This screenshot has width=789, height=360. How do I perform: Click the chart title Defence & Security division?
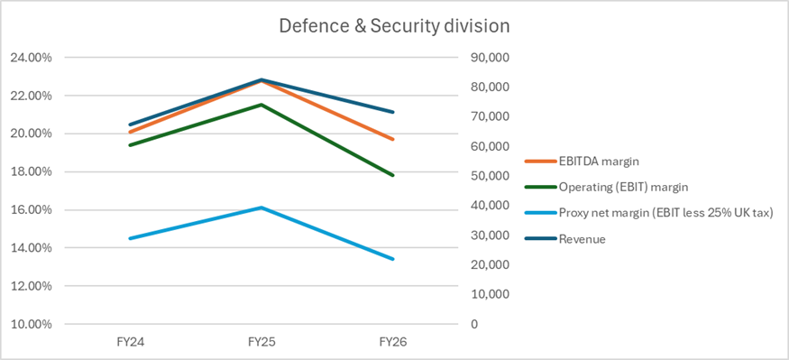394,27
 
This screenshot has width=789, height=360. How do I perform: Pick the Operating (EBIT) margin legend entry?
606,187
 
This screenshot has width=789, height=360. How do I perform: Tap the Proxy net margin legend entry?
648,213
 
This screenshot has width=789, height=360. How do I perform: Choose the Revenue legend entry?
565,239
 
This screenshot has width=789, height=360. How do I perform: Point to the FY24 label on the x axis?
131,342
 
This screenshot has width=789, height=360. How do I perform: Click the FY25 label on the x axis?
261,342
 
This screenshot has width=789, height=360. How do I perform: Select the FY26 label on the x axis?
393,342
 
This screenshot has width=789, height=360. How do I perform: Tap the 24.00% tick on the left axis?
32,58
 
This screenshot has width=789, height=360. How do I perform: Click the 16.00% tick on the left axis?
32,210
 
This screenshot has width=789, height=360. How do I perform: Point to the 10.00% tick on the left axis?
32,324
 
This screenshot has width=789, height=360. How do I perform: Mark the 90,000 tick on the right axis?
491,58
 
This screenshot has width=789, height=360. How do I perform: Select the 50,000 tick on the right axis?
491,176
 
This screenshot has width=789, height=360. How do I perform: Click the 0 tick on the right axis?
474,324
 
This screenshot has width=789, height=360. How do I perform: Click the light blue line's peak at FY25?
261,208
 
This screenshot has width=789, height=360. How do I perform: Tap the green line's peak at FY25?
261,105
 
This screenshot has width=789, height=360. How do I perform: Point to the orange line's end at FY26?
393,140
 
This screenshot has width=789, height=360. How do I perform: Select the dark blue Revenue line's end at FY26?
393,112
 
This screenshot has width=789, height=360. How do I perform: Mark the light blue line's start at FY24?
131,238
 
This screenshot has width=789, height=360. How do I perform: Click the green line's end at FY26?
393,175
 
